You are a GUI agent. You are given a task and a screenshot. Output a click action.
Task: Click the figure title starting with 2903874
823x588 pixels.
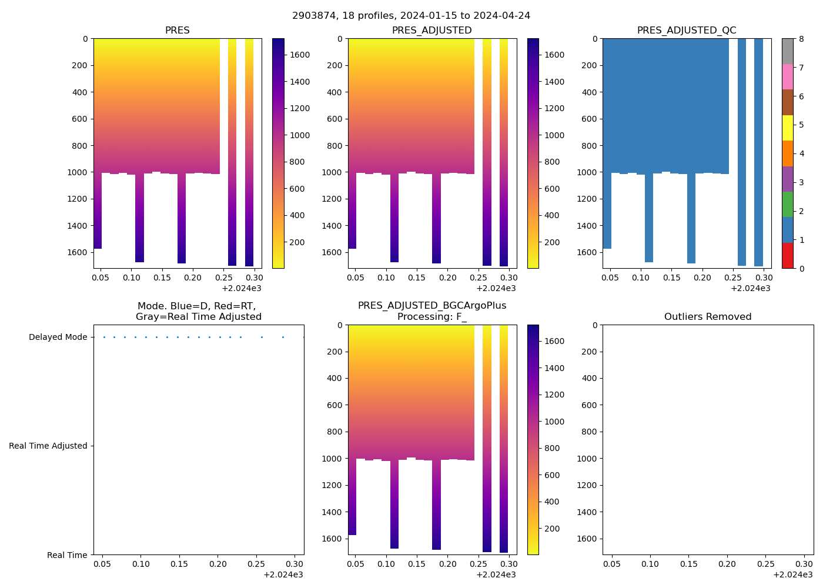tap(411, 16)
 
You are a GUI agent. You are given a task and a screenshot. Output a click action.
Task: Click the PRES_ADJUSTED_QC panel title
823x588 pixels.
tap(687, 31)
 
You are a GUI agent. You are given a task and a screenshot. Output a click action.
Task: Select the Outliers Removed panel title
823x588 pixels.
tap(708, 317)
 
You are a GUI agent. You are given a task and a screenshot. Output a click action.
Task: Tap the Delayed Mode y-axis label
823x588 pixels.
tap(58, 338)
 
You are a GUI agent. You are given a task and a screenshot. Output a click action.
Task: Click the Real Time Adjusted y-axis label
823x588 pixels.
tap(48, 446)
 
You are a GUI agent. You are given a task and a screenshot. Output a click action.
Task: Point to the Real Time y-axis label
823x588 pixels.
tap(67, 555)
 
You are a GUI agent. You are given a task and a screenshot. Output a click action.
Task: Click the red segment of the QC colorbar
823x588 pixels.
tap(788, 256)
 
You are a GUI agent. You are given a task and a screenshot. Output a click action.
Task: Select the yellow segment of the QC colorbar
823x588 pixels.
tap(788, 128)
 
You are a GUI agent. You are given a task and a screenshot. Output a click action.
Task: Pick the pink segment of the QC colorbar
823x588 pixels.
tap(788, 76)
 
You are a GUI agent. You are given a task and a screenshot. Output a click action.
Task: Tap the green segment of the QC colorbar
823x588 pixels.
tap(788, 205)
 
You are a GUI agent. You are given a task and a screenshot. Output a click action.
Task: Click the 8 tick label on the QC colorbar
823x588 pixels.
tap(801, 39)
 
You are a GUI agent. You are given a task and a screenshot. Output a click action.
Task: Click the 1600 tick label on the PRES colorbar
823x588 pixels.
tap(300, 55)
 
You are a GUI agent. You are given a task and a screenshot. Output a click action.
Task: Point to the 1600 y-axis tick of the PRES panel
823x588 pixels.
tap(78, 252)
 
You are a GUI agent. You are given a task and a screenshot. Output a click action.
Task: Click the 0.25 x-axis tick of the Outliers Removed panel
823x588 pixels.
tap(765, 564)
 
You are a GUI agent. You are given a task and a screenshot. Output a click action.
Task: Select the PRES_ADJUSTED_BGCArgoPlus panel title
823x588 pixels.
tap(432, 311)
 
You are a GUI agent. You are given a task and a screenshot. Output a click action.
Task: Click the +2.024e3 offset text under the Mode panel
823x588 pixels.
tap(283, 574)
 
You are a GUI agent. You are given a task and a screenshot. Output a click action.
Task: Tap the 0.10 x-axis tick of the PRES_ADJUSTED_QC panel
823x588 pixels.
tap(641, 278)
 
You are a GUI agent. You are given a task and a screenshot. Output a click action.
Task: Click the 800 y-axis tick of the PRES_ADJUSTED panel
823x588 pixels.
tap(334, 146)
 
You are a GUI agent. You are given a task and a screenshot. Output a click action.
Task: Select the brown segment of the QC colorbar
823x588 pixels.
tap(788, 102)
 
